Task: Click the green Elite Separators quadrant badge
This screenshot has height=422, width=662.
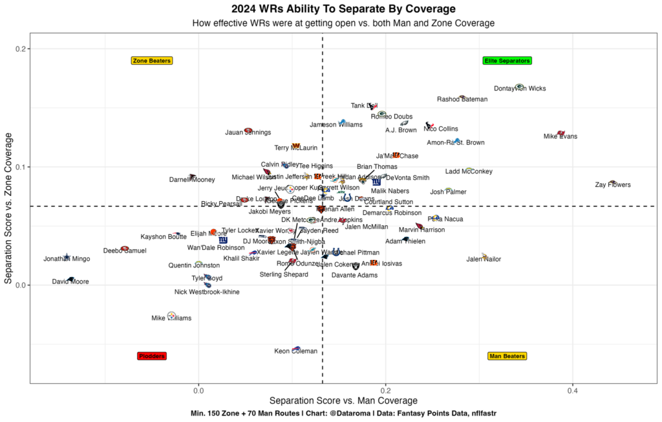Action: tap(507, 61)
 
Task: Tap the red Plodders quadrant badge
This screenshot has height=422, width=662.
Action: tap(152, 356)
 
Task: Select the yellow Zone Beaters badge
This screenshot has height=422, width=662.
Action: tap(152, 61)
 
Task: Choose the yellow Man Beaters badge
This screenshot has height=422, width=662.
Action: tap(507, 356)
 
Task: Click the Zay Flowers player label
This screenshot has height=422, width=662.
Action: tap(612, 185)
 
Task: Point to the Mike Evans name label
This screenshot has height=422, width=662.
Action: tap(560, 137)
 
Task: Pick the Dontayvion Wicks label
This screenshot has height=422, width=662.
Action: tap(520, 89)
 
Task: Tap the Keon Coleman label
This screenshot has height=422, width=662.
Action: tap(295, 351)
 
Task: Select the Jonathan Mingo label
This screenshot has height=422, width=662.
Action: tap(67, 259)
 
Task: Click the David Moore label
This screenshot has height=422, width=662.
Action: tap(70, 282)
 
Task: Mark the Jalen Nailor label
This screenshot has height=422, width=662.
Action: tap(484, 260)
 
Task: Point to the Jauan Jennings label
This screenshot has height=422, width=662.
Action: tap(248, 133)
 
